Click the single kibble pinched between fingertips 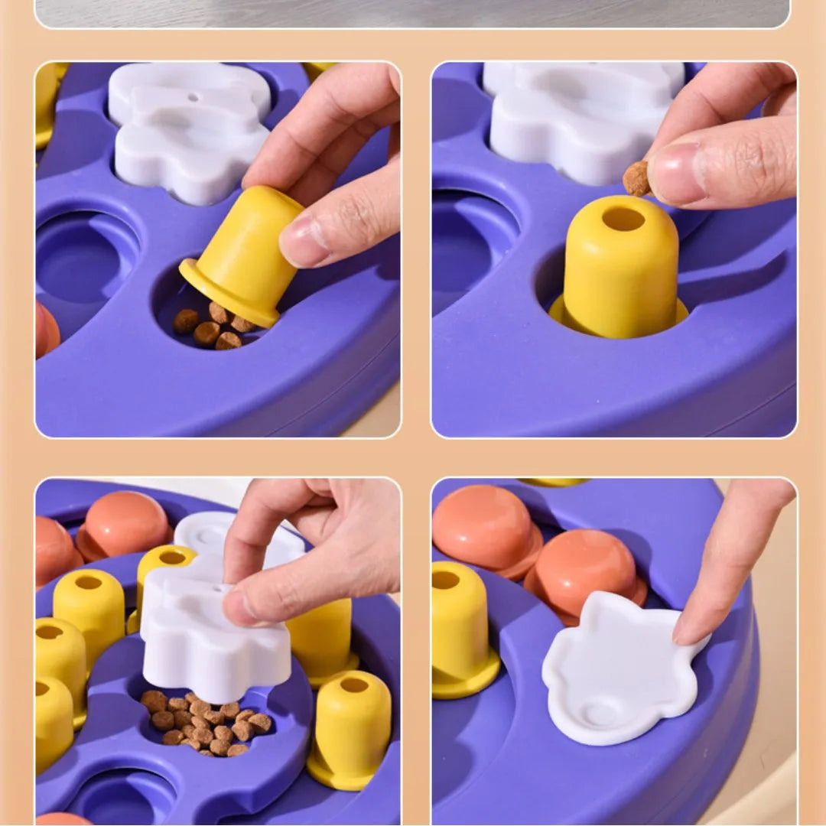636,178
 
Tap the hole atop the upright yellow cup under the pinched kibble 623,219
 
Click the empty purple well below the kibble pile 122,799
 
